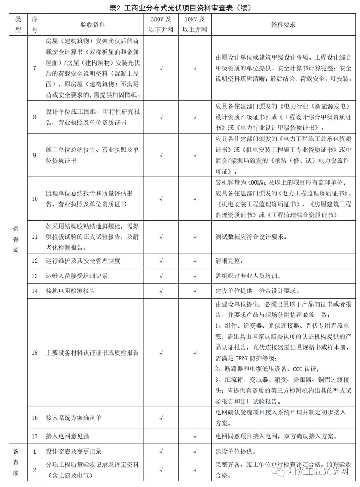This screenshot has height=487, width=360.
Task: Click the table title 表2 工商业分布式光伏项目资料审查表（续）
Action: coord(180,7)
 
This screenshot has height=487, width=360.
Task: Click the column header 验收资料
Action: coord(93,25)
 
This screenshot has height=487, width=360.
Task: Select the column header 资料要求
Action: coord(283,25)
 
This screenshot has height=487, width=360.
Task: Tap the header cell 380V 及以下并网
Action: coord(161,25)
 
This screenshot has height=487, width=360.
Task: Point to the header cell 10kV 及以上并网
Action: coord(195,25)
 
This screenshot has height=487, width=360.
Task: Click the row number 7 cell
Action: coord(34,68)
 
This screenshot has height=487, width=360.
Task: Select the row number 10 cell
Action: coord(34,199)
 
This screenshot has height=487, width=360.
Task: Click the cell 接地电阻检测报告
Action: coord(71,291)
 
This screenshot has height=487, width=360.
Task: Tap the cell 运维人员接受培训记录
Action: coord(77,276)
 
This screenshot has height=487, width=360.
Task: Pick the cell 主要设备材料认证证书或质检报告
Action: coord(92,353)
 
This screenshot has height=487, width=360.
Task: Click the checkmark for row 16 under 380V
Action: coord(161,418)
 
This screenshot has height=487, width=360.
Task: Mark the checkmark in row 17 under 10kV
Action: coord(195,436)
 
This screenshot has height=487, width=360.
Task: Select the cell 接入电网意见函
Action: coord(67,436)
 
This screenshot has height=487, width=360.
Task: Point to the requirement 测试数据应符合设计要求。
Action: coord(251,237)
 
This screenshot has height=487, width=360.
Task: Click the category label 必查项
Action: coord(16,240)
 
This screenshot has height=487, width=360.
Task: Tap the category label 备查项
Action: coord(16,462)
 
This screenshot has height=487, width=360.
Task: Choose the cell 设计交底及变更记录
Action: coord(74,451)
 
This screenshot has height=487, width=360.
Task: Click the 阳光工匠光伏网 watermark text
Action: coord(318,471)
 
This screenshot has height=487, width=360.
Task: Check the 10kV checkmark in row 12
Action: coord(195,261)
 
